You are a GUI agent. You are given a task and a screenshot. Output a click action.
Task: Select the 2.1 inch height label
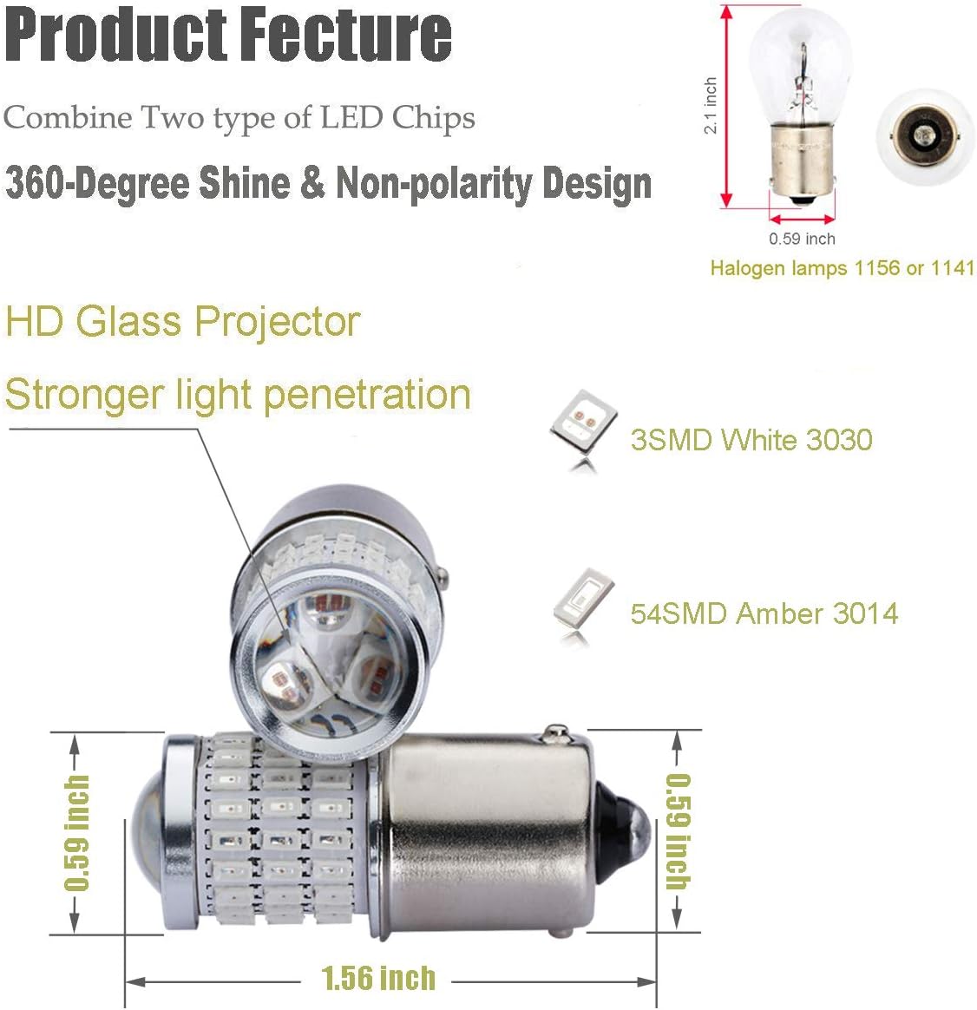tap(711, 106)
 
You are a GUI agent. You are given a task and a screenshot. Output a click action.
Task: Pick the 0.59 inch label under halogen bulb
tap(802, 239)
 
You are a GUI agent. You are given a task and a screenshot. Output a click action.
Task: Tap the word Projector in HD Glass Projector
tap(278, 322)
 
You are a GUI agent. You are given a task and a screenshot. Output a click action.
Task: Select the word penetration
tap(367, 395)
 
